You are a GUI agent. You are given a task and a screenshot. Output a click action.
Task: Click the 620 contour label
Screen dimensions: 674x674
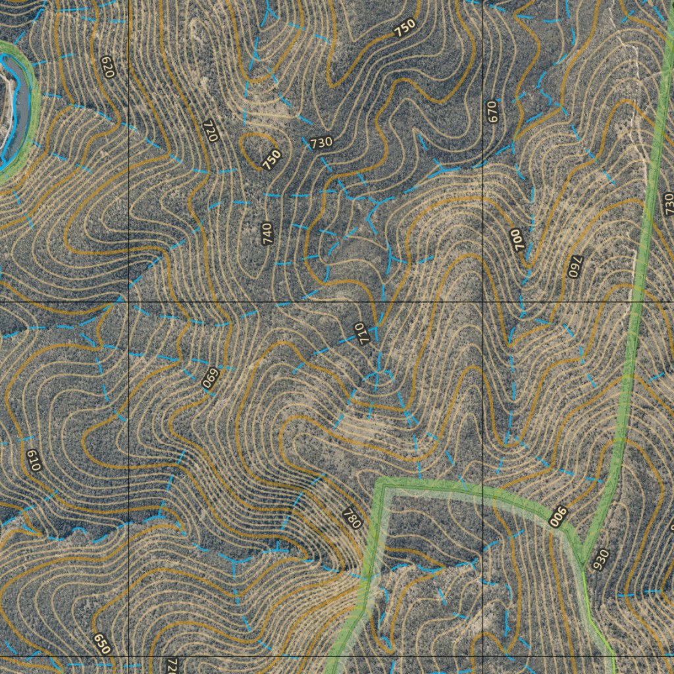coord(108,66)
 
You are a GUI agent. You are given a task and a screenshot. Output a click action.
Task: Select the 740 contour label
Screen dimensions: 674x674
coord(267,234)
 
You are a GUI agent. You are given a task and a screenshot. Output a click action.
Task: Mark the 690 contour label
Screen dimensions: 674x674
coord(210,378)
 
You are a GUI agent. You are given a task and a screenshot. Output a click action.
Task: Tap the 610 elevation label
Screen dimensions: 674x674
coord(34,459)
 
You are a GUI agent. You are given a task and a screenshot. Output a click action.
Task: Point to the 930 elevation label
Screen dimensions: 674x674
coord(601,560)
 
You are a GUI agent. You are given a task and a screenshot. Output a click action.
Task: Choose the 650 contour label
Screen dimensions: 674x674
coord(101,643)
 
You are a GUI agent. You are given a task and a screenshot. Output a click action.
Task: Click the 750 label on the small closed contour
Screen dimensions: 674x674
coord(271,160)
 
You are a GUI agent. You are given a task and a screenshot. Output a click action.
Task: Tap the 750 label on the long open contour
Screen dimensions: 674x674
coord(405,28)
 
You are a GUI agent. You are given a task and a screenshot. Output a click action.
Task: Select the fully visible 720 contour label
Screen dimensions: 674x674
coord(211,131)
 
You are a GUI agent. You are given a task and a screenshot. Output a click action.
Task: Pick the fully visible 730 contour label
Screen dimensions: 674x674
coord(321,142)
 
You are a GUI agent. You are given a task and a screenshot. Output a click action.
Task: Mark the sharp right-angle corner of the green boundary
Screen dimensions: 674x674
coord(381,486)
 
